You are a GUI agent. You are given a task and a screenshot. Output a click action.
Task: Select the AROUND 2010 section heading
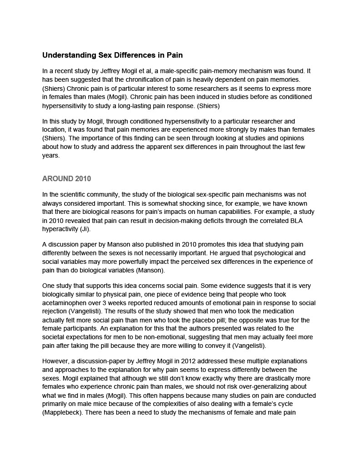pyautogui.click(x=66, y=178)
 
